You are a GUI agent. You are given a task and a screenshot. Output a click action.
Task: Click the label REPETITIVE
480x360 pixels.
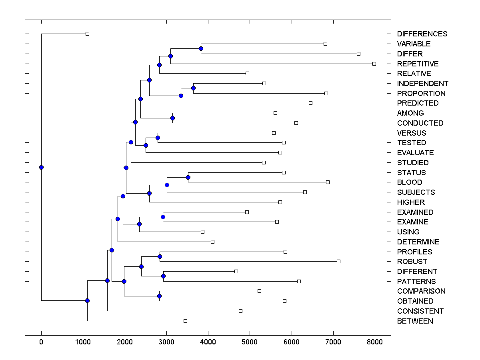pos(418,64)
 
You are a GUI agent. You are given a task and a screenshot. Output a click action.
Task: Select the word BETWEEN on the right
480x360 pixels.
pos(415,321)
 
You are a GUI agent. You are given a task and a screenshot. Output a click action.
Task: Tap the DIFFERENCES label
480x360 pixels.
pos(422,34)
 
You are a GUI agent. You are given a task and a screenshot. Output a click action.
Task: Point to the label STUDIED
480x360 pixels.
pos(413,163)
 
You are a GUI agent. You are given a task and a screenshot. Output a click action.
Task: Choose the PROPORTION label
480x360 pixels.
pos(421,94)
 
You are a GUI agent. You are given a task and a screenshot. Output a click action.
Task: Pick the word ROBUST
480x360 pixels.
pos(412,262)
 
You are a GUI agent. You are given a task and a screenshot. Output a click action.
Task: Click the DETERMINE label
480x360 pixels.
pos(418,242)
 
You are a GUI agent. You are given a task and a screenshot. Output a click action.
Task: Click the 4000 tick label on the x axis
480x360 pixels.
pos(208,342)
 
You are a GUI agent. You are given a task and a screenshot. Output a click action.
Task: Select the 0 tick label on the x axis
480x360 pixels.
pos(41,342)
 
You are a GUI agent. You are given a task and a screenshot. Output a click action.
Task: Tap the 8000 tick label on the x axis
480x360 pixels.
pos(375,342)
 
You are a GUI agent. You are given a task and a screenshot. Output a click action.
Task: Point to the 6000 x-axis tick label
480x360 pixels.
pos(291,342)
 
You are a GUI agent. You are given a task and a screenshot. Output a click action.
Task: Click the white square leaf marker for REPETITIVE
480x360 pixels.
pos(374,64)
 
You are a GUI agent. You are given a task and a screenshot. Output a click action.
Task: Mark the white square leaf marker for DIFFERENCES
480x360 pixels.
pos(88,34)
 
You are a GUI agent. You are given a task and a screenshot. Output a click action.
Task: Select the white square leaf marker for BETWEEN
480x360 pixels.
pos(185,321)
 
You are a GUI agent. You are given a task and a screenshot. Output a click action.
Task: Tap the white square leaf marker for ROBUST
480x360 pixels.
pos(338,261)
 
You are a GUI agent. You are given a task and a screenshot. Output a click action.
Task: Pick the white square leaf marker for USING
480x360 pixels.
pos(202,232)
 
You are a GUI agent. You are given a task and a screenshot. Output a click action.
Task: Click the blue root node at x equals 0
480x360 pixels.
pos(41,167)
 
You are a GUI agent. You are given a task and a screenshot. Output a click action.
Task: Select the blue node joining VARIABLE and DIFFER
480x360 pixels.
pos(201,48)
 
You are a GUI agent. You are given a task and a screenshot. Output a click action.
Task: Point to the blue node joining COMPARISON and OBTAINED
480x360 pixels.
pos(159,296)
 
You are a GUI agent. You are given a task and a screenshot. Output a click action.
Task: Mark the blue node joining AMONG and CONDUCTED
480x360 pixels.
pos(172,118)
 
